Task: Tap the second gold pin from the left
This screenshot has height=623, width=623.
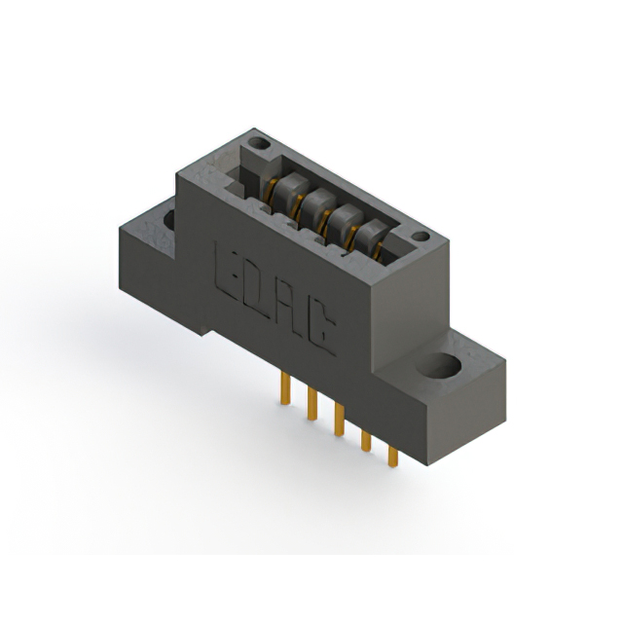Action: pos(312,404)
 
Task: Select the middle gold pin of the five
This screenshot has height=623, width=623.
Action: pos(339,420)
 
